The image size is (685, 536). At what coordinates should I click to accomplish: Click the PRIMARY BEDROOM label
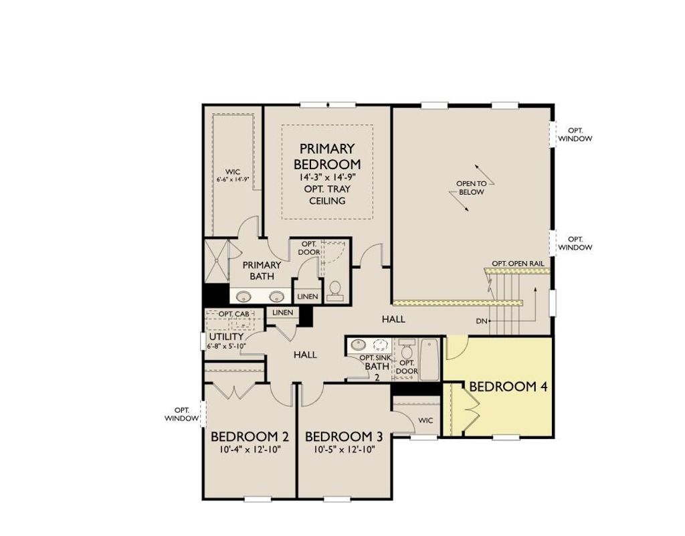pos(327,156)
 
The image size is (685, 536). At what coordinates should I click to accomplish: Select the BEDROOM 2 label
pos(250,437)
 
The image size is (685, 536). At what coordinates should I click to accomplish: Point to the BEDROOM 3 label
pos(344,437)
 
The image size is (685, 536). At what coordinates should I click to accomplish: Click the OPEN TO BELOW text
pos(472,188)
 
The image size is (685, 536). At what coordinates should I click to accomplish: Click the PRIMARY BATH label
pos(262,270)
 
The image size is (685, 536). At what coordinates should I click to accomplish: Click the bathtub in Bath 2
pos(429,360)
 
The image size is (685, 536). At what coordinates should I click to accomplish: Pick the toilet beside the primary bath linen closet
pos(334,290)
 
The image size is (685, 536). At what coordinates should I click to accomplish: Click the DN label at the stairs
pos(481,321)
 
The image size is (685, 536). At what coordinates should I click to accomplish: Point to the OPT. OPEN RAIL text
pos(518,263)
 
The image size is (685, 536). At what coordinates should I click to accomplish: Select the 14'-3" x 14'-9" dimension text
pos(327,177)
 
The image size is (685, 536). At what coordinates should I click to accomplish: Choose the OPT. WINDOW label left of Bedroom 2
pos(182,414)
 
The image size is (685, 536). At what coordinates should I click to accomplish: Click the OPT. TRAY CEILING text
pos(327,195)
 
